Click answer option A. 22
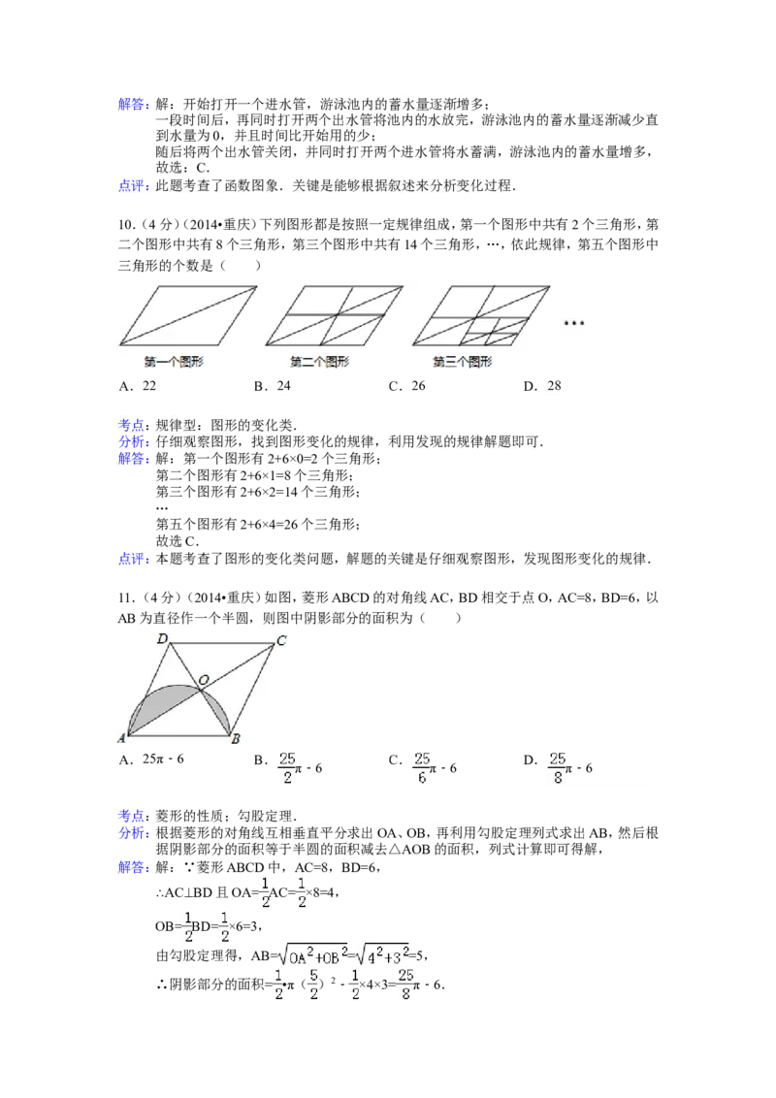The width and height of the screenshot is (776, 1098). click(x=138, y=386)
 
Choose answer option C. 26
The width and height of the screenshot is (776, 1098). click(x=406, y=386)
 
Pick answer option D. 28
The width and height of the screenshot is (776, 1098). click(x=542, y=386)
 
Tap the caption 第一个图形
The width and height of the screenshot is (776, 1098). click(x=174, y=362)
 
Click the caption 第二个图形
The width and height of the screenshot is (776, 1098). click(x=319, y=362)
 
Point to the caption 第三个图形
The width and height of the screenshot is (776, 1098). click(x=463, y=362)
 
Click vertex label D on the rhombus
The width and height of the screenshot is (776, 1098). click(x=163, y=638)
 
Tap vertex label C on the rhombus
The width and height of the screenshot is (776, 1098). click(x=281, y=640)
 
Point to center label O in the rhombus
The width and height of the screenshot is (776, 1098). click(x=204, y=680)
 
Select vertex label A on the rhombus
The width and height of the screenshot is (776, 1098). click(x=122, y=738)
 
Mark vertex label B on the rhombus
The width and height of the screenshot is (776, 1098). click(x=236, y=739)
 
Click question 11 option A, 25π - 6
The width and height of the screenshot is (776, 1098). click(x=151, y=759)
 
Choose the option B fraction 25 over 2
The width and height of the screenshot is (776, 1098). click(x=287, y=767)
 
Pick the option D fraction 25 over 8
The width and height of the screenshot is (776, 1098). click(x=558, y=767)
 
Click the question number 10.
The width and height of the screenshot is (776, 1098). click(x=125, y=225)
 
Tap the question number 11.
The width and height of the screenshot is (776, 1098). click(x=125, y=597)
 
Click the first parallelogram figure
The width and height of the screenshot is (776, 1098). click(x=188, y=315)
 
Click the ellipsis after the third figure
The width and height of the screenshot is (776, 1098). click(x=573, y=323)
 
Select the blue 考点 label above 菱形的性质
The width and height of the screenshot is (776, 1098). click(x=131, y=816)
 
